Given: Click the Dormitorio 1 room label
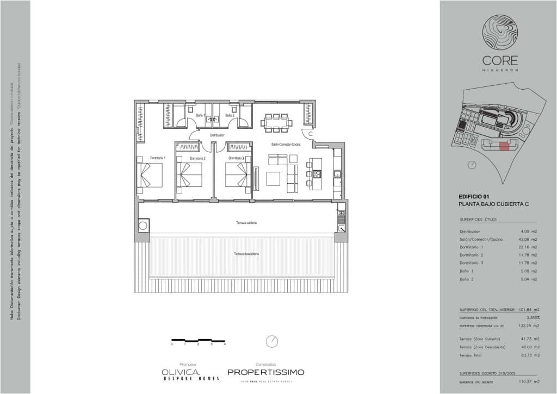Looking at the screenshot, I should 158,158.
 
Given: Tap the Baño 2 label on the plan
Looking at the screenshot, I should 230,115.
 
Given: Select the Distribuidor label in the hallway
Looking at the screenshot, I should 216,135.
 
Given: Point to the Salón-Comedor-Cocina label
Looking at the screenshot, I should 286,145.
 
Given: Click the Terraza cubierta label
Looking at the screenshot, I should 246,223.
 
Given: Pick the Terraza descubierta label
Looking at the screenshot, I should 246,254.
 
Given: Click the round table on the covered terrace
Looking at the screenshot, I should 145,225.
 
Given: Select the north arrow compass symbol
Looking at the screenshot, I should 273,341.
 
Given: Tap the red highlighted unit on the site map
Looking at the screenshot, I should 504,145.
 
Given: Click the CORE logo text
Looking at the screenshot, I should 500,61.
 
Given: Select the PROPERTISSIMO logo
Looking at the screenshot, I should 265,372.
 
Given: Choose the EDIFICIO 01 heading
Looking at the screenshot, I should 475,196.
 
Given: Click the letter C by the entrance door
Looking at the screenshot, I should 310,133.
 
